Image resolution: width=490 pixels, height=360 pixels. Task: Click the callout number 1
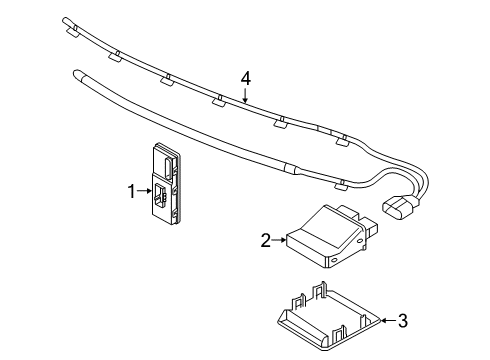pos(132,192)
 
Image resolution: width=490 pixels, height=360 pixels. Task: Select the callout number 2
pos(266,240)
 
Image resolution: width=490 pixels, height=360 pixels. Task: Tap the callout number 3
pos(403,321)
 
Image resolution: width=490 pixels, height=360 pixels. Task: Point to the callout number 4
pos(246,79)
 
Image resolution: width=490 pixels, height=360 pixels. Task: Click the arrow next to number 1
pos(144,191)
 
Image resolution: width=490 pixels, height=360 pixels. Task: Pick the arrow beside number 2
pos(279,239)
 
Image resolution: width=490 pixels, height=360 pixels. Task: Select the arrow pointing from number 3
pos(388,320)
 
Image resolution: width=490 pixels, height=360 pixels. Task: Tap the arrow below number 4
pos(245,95)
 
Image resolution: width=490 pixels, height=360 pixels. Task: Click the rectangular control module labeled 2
pos(331,236)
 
